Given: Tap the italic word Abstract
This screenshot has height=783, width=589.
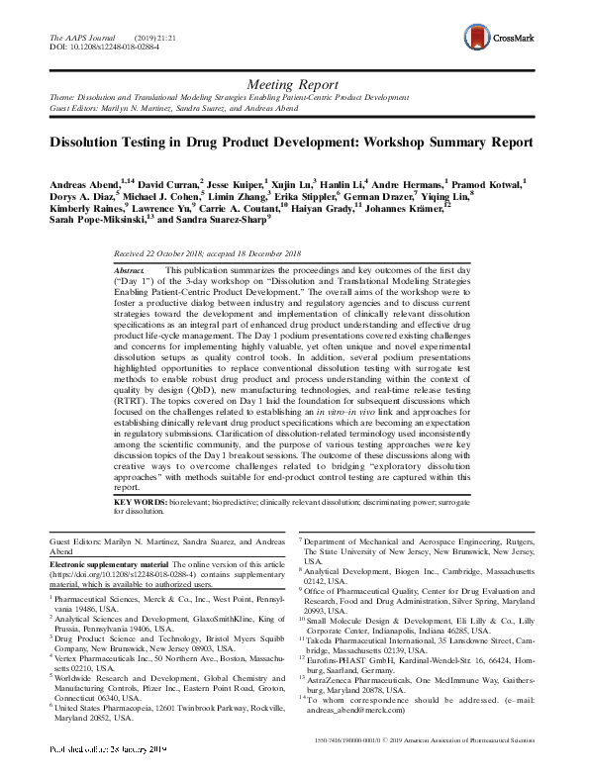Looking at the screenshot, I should pyautogui.click(x=131, y=270).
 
